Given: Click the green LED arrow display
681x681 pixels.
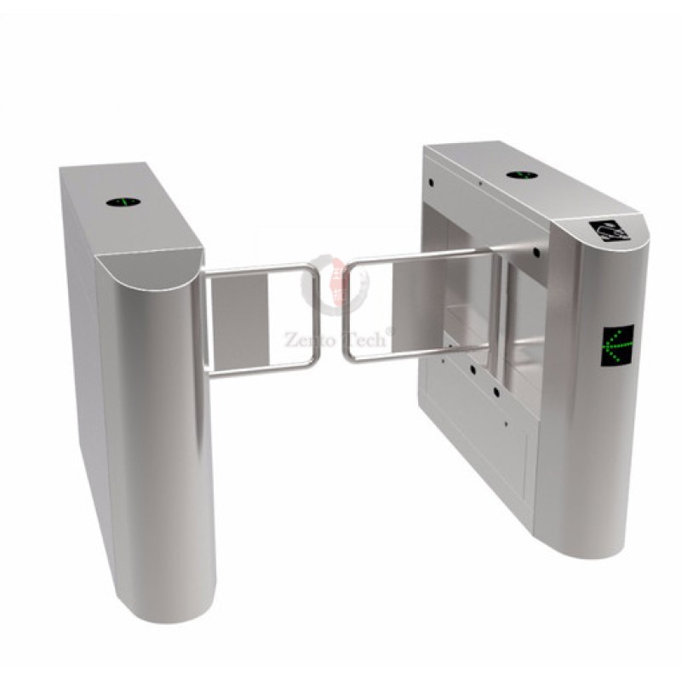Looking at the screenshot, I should click(x=619, y=345).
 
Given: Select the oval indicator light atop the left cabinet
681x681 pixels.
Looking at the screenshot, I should click(x=123, y=203).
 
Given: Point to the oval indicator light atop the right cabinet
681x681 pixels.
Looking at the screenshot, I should click(x=520, y=175).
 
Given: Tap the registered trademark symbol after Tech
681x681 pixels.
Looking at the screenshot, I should click(x=391, y=329).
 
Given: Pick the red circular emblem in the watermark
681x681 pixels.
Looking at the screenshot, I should click(x=338, y=285).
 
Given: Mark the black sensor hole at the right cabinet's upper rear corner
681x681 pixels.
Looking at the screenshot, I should click(x=432, y=181).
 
